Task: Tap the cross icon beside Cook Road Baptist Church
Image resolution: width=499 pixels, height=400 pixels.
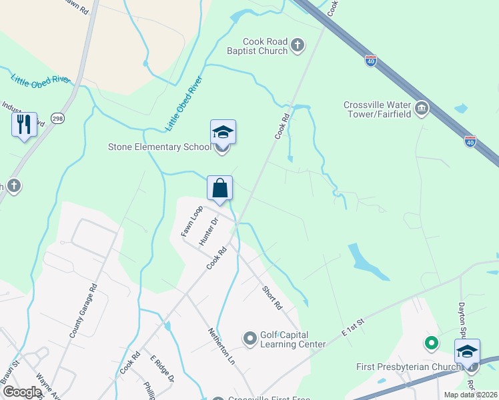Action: [298, 46]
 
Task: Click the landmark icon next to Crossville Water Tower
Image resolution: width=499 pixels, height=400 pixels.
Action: [421, 108]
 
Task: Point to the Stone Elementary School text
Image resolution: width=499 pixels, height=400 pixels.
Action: [154, 147]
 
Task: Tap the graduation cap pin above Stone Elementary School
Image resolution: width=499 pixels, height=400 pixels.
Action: [223, 133]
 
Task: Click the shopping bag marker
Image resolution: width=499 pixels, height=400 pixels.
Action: [219, 189]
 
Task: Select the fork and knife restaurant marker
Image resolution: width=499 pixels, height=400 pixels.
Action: [23, 125]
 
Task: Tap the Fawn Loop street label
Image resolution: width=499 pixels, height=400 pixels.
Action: [191, 221]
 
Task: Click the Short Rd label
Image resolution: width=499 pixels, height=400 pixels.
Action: [272, 298]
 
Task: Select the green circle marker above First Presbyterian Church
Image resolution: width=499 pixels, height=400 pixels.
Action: [432, 343]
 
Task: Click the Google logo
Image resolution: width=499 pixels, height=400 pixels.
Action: [23, 392]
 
